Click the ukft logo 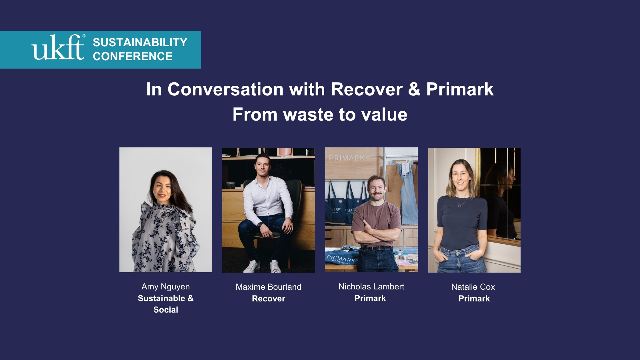pos(58,47)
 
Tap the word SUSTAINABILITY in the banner pos(140,42)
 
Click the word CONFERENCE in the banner pos(133,56)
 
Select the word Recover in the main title pos(367,89)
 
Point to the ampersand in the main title pos(414,89)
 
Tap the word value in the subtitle pos(384,114)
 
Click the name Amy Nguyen pos(166,287)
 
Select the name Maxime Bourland pos(269,287)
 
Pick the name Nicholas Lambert pos(371,287)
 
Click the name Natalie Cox pos(473,287)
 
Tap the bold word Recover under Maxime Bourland pos(269,299)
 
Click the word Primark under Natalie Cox pos(474,299)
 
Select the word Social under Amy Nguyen pos(166,310)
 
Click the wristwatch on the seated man pos(260,225)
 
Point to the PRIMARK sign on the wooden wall pos(347,158)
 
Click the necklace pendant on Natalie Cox pos(460,205)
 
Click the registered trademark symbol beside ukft pos(84,36)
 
